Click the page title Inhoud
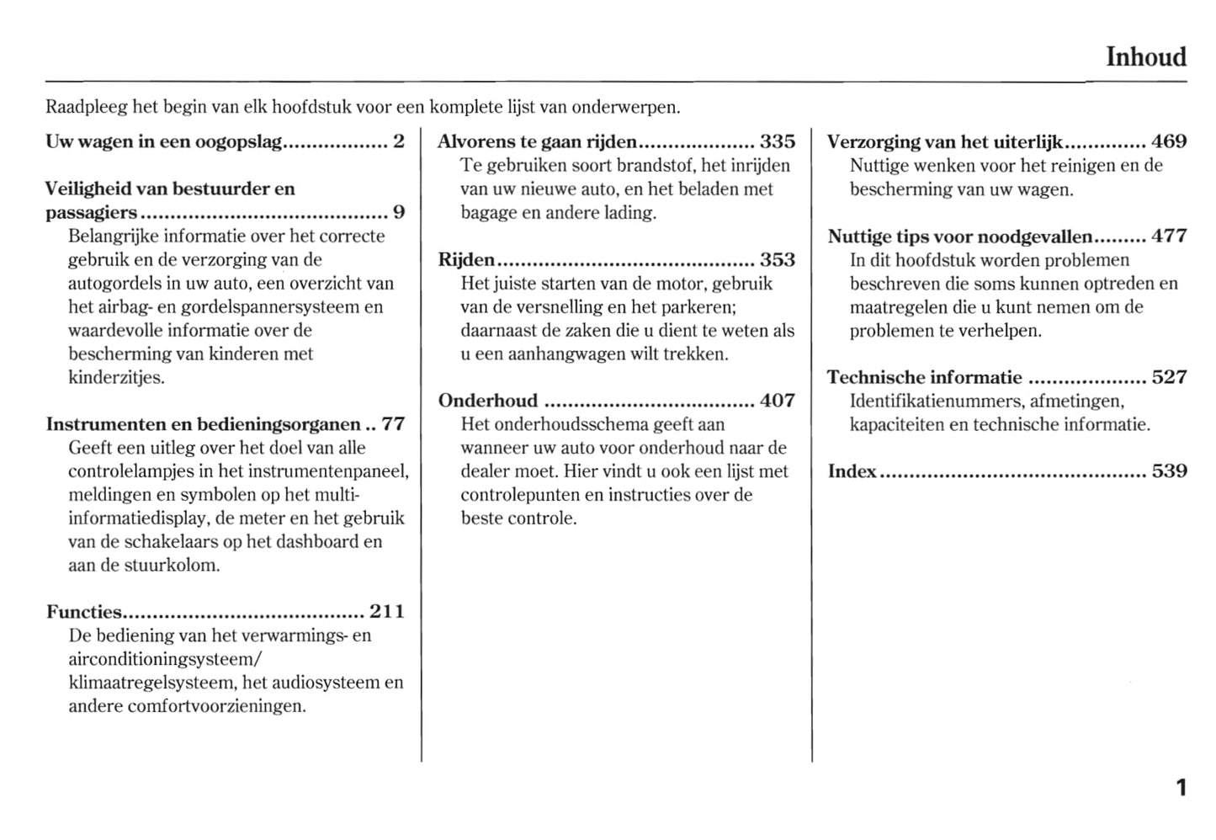coord(1145,57)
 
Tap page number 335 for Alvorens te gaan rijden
coord(777,141)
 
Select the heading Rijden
coord(466,260)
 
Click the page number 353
coord(777,260)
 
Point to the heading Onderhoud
coord(487,401)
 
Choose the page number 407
coord(777,401)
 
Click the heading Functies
coord(84,612)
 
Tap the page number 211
coord(387,612)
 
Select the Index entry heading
coord(852,471)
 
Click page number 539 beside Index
coord(1169,471)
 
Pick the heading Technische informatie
coord(924,377)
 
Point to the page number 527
coord(1169,377)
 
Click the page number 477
coord(1169,237)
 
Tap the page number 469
coord(1169,141)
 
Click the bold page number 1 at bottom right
coord(1181,788)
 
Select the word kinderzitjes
coord(116,377)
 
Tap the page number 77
coord(393,424)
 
